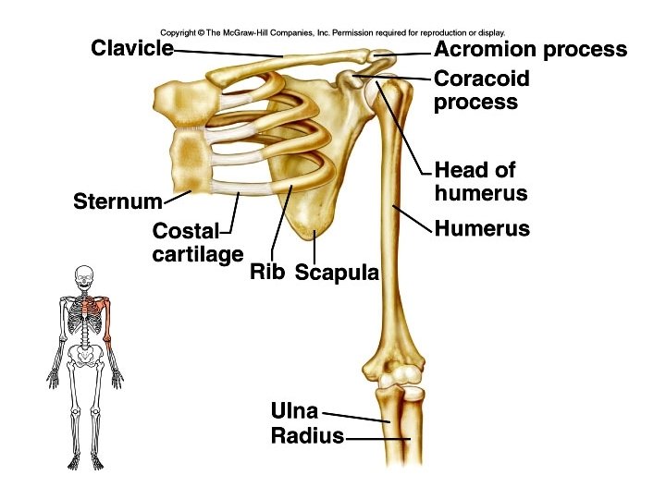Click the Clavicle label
131,48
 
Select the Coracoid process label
481,90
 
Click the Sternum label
117,201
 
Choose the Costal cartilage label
197,242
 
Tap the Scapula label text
337,274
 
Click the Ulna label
294,410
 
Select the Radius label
307,436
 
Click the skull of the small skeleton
85,276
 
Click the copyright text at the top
332,32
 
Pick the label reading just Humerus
481,228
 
